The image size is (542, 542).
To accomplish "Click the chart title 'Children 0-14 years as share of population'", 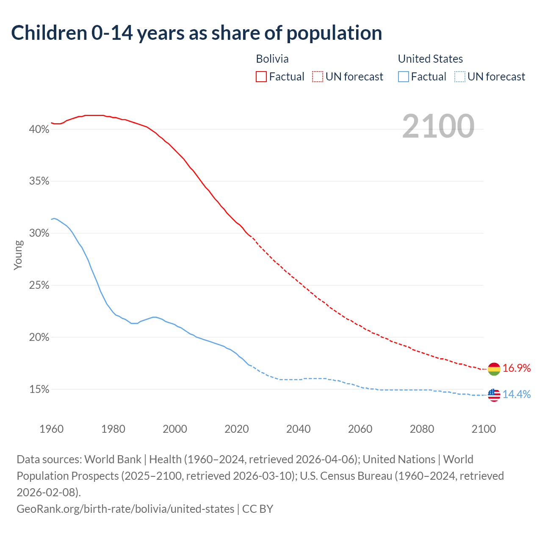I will [x=196, y=33].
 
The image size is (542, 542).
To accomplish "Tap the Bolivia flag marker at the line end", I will [x=494, y=369].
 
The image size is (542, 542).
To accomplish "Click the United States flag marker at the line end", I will [x=494, y=395].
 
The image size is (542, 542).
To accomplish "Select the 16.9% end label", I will [x=517, y=368].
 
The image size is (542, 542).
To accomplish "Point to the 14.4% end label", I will [x=517, y=395].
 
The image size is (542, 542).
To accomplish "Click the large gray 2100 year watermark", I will [x=438, y=126].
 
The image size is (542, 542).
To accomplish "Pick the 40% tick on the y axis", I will [x=39, y=130].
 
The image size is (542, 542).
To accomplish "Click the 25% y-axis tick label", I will [x=39, y=286].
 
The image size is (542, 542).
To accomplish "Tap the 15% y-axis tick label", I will [x=39, y=390].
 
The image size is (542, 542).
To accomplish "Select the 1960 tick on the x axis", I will [x=51, y=429].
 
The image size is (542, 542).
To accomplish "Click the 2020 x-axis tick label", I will [x=237, y=429].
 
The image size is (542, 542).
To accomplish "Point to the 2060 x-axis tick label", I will [x=360, y=429].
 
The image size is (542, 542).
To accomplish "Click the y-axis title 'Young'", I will [x=18, y=255].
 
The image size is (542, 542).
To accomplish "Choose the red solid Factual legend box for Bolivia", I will [x=261, y=77].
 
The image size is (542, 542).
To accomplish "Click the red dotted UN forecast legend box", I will [x=318, y=77].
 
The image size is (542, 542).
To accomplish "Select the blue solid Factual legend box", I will [x=404, y=77].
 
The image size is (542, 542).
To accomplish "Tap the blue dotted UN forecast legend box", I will [x=459, y=77].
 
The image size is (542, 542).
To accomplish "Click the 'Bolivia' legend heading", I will [x=272, y=59].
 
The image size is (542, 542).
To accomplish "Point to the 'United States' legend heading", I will [x=430, y=59].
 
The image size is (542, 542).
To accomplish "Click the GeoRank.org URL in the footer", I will [x=125, y=509].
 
